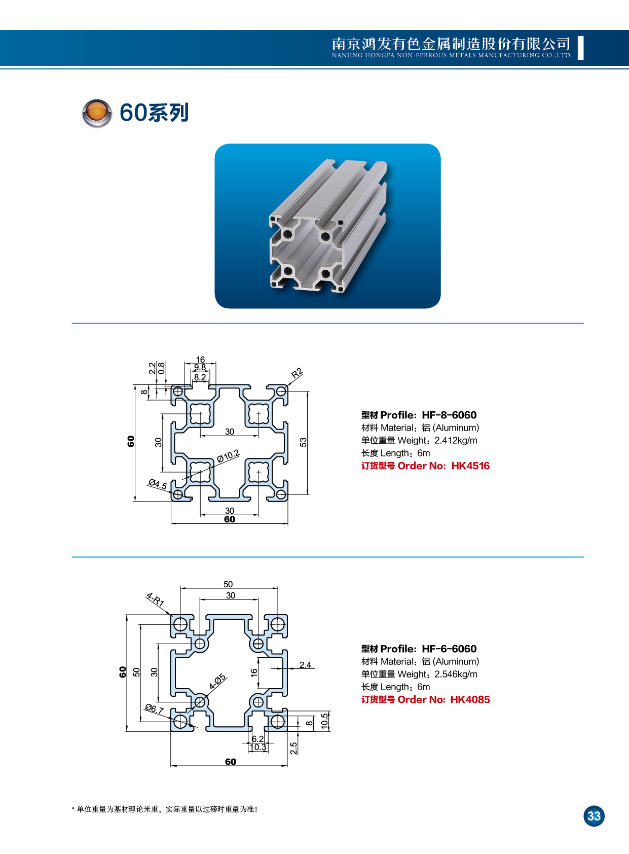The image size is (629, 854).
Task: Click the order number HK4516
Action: tap(470, 466)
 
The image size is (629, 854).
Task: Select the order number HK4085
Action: tap(470, 699)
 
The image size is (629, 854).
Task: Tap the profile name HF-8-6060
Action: tap(449, 415)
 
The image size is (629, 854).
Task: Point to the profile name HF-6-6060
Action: tap(449, 649)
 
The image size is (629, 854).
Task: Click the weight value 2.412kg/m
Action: tap(456, 440)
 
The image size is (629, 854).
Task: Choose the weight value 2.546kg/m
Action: tap(456, 674)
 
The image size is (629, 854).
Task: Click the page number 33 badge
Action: tap(594, 816)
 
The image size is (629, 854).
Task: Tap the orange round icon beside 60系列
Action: tap(97, 113)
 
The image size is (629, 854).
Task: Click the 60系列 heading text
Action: tap(154, 113)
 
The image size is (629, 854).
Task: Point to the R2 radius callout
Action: tap(297, 374)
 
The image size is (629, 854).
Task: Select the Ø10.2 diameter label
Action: tap(228, 456)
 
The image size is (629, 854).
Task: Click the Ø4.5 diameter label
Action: tap(158, 484)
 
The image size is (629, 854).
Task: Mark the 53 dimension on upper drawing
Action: tap(303, 442)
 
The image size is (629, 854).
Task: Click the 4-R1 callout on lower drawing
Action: tap(155, 600)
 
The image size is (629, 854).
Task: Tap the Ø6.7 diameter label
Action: tap(154, 708)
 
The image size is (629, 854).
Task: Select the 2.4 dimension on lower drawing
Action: tap(305, 665)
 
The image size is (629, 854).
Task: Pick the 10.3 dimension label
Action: tap(257, 747)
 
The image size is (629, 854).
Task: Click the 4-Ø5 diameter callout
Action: tap(218, 682)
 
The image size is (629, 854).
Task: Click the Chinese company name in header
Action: tap(451, 44)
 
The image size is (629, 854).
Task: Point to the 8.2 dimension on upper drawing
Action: tap(200, 377)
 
